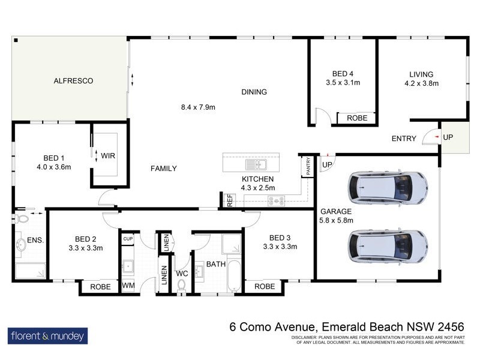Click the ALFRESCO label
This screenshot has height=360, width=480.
(73, 80)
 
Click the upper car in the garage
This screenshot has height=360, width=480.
(388, 188)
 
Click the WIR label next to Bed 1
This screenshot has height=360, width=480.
(108, 156)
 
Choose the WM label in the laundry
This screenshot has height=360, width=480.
(128, 286)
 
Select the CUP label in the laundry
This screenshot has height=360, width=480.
(127, 239)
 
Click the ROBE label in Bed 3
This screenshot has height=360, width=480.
(264, 287)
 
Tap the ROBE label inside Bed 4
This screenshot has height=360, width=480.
(357, 118)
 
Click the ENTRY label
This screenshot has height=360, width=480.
(404, 139)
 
